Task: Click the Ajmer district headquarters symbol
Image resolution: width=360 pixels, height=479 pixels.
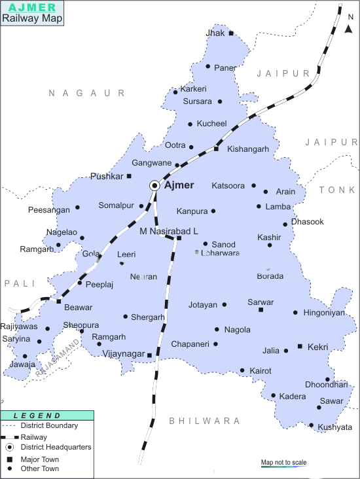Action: pyautogui.click(x=154, y=186)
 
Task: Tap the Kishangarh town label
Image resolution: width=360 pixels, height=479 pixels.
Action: pyautogui.click(x=248, y=149)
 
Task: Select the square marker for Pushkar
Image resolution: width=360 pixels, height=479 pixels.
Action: pyautogui.click(x=129, y=176)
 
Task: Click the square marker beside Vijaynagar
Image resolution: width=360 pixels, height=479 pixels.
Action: pyautogui.click(x=149, y=355)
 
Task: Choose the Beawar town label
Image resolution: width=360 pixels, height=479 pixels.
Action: pyautogui.click(x=78, y=307)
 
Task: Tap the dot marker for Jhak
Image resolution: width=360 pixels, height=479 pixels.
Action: pyautogui.click(x=231, y=33)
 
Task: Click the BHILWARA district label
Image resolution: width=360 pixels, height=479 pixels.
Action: pyautogui.click(x=196, y=420)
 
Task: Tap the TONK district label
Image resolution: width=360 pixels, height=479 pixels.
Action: pyautogui.click(x=336, y=190)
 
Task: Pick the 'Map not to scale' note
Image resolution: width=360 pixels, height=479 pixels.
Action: pyautogui.click(x=283, y=463)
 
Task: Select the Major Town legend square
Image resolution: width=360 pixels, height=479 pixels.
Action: pyautogui.click(x=10, y=459)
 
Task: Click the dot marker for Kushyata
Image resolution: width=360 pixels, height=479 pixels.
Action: pyautogui.click(x=312, y=426)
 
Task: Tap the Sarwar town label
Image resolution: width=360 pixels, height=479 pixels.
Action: pyautogui.click(x=261, y=302)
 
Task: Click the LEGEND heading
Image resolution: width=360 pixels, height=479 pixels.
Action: pyautogui.click(x=37, y=416)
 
